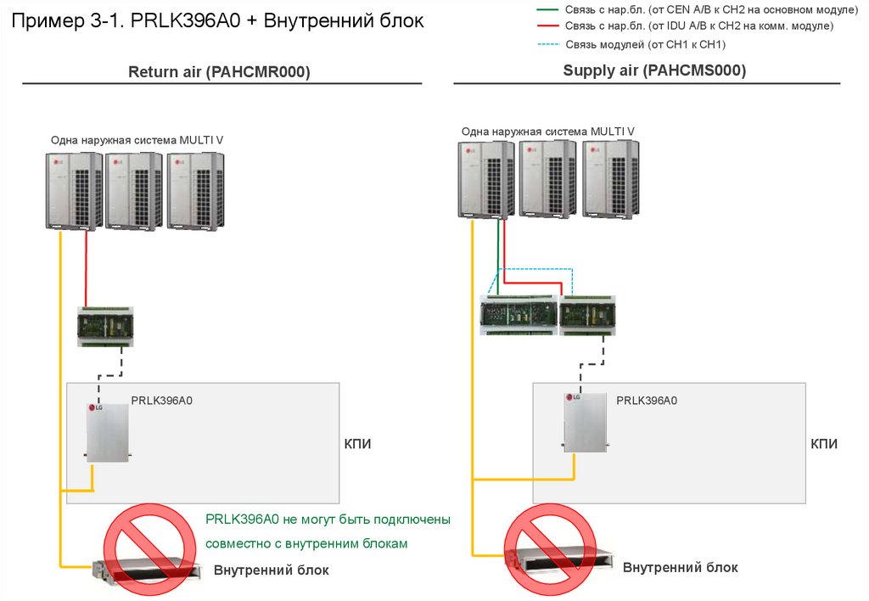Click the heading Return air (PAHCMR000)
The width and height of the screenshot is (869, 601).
[x=219, y=72]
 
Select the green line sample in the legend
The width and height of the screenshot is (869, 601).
[x=548, y=9]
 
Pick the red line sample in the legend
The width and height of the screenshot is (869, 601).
[x=548, y=26]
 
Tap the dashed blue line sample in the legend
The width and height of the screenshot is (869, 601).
[x=548, y=44]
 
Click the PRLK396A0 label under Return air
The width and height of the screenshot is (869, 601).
[x=161, y=400]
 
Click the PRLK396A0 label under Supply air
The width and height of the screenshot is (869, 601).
[x=647, y=400]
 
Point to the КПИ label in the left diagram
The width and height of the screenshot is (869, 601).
[x=357, y=443]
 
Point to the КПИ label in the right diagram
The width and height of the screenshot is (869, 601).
[x=824, y=443]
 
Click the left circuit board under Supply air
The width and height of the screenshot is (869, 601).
[x=519, y=315]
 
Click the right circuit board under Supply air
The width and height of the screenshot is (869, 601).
[x=587, y=315]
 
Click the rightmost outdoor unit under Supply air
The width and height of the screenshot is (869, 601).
[x=606, y=179]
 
